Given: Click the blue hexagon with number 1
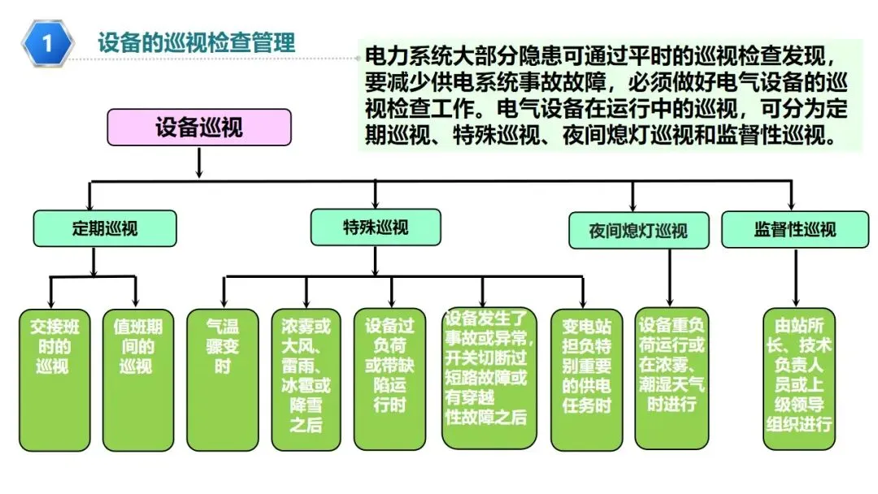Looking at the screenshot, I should pyautogui.click(x=47, y=43).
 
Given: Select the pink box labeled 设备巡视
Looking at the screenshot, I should pyautogui.click(x=198, y=128).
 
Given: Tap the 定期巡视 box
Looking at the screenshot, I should pyautogui.click(x=104, y=228).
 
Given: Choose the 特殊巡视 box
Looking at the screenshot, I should pyautogui.click(x=375, y=227).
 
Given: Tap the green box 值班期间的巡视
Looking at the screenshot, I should pyautogui.click(x=137, y=379).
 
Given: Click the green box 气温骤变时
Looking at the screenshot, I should pyautogui.click(x=222, y=379).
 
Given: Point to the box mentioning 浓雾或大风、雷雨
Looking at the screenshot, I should pyautogui.click(x=306, y=379).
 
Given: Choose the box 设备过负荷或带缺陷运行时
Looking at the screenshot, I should pyautogui.click(x=389, y=379).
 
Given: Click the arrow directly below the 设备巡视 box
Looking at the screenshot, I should pyautogui.click(x=198, y=162).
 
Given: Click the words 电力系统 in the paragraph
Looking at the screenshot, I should pyautogui.click(x=398, y=57).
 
